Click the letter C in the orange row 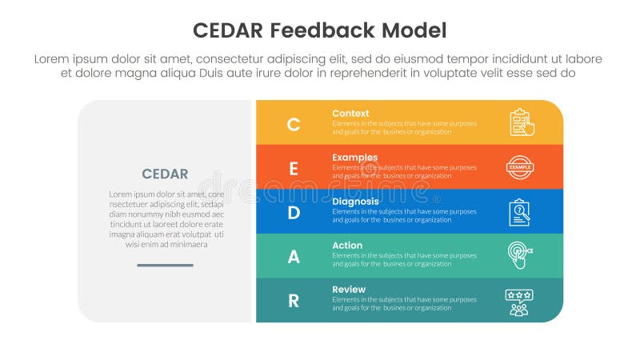coord(294,124)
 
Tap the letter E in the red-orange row coord(294,168)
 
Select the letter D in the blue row coord(294,212)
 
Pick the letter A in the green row coord(294,256)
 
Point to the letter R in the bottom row coord(294,301)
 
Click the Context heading coord(350,114)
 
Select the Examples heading coord(355,158)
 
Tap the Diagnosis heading coord(356,202)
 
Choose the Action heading coord(347,246)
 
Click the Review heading coord(349,290)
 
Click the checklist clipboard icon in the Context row coord(521,122)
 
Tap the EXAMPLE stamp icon coord(519,167)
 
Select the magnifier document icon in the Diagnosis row coord(519,212)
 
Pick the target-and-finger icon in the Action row coord(520,256)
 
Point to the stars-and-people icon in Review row coord(519,302)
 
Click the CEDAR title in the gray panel coord(165,174)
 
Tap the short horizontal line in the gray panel coord(165,265)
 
